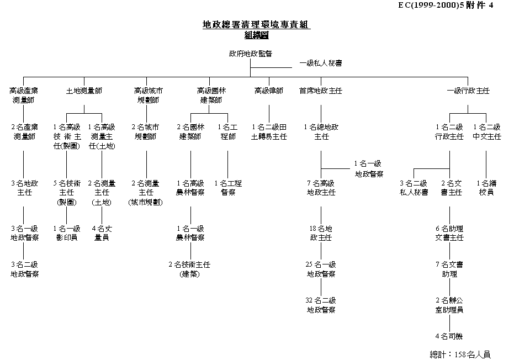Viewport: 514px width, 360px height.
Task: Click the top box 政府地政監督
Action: click(250, 54)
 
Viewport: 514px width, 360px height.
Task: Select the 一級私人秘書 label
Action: click(320, 63)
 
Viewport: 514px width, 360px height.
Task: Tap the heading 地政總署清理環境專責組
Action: click(256, 25)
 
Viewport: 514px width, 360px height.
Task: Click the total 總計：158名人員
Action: click(460, 354)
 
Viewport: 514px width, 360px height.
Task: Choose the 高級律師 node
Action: click(269, 91)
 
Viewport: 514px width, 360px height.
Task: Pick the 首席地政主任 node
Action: click(321, 91)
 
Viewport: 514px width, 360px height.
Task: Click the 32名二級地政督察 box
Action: click(321, 305)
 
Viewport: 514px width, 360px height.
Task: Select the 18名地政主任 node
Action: click(321, 233)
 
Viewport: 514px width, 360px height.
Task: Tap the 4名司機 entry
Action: click(449, 336)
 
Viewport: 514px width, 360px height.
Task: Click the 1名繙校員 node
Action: click(486, 188)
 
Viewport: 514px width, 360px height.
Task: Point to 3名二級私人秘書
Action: click(414, 188)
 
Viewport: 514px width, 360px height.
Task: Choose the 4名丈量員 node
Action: click(102, 232)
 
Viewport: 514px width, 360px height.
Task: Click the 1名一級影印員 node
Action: click(67, 232)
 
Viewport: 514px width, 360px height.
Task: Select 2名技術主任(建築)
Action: click(189, 269)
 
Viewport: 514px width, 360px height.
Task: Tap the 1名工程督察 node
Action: click(228, 188)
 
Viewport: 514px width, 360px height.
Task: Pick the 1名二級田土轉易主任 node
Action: click(269, 131)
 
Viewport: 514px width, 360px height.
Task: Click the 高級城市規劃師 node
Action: click(149, 95)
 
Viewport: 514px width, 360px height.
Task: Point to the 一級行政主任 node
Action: click(468, 91)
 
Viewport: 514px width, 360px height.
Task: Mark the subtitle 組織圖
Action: click(256, 34)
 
